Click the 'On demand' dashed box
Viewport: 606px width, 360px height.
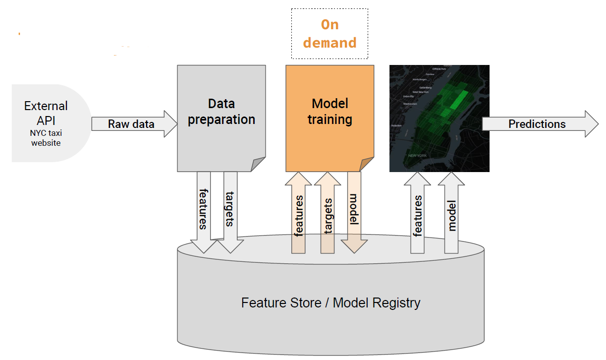pyautogui.click(x=330, y=34)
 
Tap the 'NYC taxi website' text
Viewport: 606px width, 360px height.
pyautogui.click(x=46, y=138)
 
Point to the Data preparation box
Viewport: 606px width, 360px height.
pyautogui.click(x=221, y=118)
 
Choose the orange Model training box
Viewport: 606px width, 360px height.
pyautogui.click(x=330, y=118)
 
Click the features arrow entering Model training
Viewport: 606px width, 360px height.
pyautogui.click(x=298, y=213)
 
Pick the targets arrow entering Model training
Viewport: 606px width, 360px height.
pyautogui.click(x=327, y=213)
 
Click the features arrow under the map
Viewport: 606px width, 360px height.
pyautogui.click(x=418, y=213)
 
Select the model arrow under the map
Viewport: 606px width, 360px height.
pyautogui.click(x=451, y=213)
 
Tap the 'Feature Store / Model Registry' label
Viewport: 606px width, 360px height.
pyautogui.click(x=331, y=302)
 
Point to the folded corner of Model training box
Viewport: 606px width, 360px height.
pyautogui.click(x=367, y=164)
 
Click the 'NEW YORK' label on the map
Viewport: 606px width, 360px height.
pyautogui.click(x=417, y=156)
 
